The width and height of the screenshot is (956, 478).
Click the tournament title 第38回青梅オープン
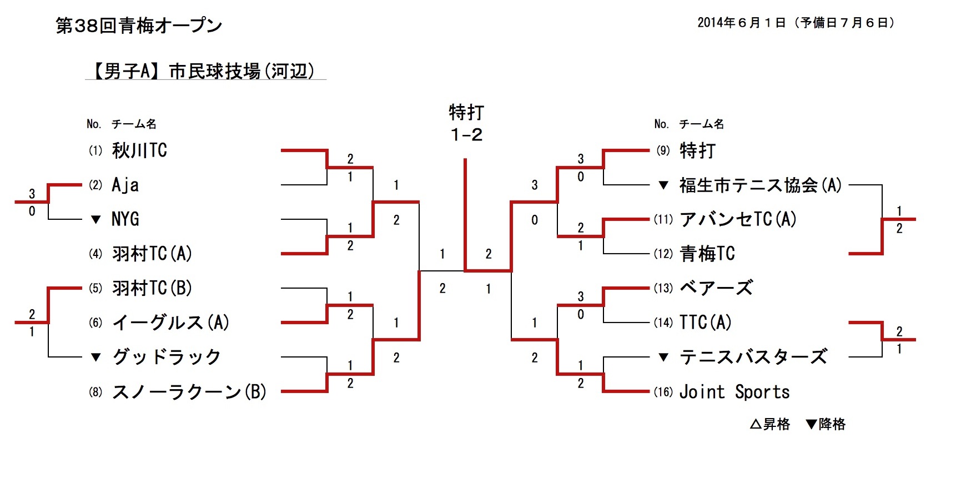tap(139, 26)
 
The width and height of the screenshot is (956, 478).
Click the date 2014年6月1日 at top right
tap(742, 23)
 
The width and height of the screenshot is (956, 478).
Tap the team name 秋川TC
tap(139, 150)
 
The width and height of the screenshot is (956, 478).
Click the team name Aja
tap(125, 185)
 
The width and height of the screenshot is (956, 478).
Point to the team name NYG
tap(125, 219)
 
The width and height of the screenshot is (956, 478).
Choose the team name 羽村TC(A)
tap(152, 254)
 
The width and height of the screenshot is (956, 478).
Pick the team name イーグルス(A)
tap(171, 323)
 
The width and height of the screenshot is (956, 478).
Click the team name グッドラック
tap(167, 357)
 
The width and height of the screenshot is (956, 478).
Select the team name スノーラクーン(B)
tap(189, 392)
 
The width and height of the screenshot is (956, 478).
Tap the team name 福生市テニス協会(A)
tap(761, 185)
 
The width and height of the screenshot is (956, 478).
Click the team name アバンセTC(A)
tap(738, 219)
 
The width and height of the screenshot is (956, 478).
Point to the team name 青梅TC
tap(707, 254)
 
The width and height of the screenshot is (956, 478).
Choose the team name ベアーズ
tap(717, 288)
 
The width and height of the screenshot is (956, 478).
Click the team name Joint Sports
tap(734, 392)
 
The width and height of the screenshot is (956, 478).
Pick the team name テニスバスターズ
tap(753, 357)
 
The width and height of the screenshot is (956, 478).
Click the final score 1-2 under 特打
tap(466, 135)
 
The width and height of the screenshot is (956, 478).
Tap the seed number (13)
tap(663, 288)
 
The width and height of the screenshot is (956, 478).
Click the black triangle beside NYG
tap(96, 220)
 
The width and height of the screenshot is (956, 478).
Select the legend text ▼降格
tap(826, 425)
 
